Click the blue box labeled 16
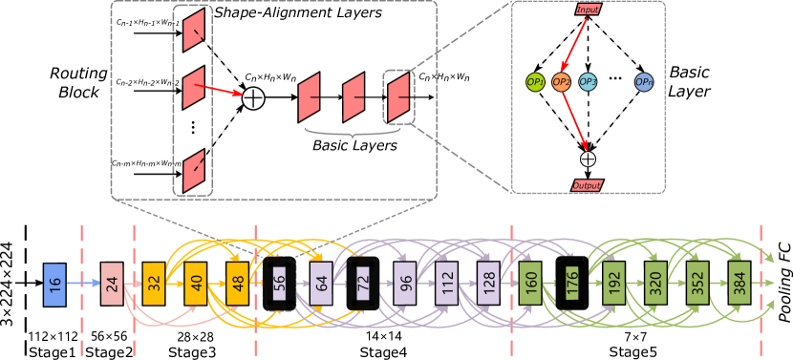pos(54,284)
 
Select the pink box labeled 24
pos(113,283)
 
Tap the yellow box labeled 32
pos(155,284)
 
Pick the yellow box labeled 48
pos(238,284)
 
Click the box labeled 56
pos(279,284)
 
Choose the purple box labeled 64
pos(321,284)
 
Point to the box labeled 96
pos(405,284)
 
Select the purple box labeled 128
pos(488,284)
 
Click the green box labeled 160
pos(530,284)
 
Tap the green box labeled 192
pos(613,284)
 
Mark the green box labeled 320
pos(655,284)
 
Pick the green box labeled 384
pos(739,284)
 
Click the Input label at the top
pos(589,10)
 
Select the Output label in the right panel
pos(587,184)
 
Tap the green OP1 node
pos(535,83)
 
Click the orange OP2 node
pos(562,83)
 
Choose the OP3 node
pos(588,83)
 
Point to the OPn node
pos(644,83)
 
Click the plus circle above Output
pos(588,159)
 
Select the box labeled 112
pos(446,284)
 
